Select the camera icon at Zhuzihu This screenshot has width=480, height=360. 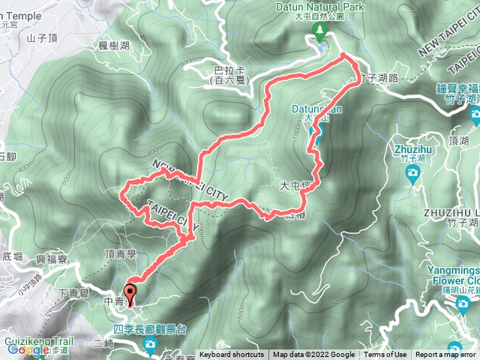[x=412, y=173]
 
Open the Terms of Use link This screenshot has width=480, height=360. [x=386, y=355]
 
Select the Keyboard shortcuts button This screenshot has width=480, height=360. [x=231, y=355]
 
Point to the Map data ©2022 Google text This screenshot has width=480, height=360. [x=313, y=355]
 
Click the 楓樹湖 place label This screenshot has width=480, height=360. [x=114, y=46]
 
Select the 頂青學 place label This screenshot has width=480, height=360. [x=120, y=254]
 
